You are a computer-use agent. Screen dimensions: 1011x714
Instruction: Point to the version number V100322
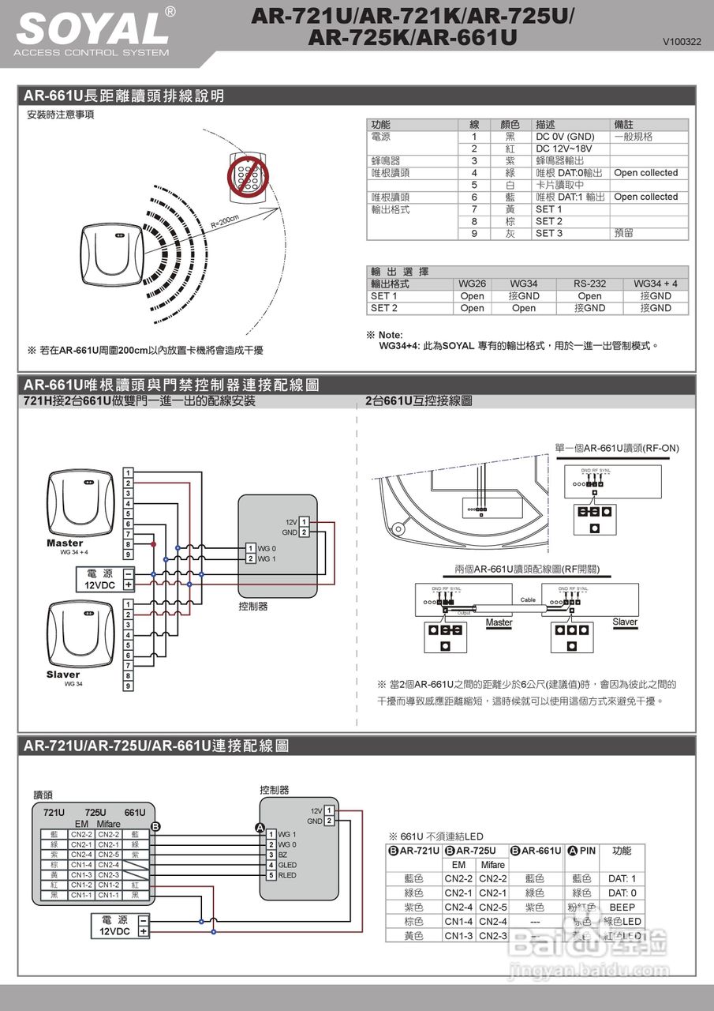click(x=682, y=41)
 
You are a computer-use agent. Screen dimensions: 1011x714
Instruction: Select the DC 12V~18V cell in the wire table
click(x=563, y=148)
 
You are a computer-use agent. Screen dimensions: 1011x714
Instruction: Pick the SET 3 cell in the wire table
click(x=549, y=233)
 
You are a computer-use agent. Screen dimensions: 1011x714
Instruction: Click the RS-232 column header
click(x=589, y=284)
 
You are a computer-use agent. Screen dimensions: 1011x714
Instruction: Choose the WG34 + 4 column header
click(x=655, y=284)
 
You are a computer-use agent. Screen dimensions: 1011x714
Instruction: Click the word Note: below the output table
click(x=391, y=335)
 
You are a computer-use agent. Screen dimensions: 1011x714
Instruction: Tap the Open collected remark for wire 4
click(x=645, y=172)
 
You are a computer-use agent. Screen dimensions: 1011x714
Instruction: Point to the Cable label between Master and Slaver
click(x=528, y=599)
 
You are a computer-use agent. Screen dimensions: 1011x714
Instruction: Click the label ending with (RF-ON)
click(x=616, y=448)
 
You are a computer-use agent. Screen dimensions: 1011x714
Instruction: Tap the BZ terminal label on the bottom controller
click(x=282, y=855)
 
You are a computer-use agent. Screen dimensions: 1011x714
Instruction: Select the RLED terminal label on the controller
click(x=287, y=875)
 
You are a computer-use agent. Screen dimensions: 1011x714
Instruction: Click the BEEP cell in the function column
click(x=622, y=907)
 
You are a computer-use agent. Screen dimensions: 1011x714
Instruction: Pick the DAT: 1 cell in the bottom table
click(x=622, y=878)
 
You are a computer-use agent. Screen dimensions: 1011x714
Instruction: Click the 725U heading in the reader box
click(x=95, y=813)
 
